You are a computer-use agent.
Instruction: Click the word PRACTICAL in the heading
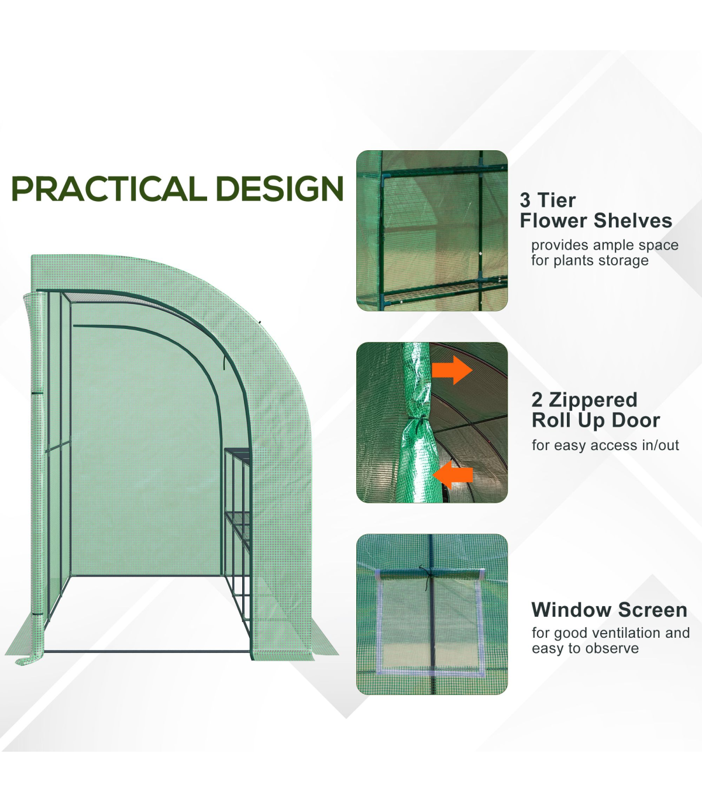tap(109, 188)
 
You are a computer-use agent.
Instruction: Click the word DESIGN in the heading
tap(280, 188)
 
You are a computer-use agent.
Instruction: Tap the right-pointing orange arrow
tap(452, 370)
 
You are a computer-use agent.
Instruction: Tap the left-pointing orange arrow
tap(453, 475)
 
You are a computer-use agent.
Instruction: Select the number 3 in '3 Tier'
tap(525, 200)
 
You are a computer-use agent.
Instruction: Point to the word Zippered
tap(593, 400)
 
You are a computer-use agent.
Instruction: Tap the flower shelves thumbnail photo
tap(432, 230)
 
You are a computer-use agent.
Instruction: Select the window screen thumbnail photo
tap(432, 614)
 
